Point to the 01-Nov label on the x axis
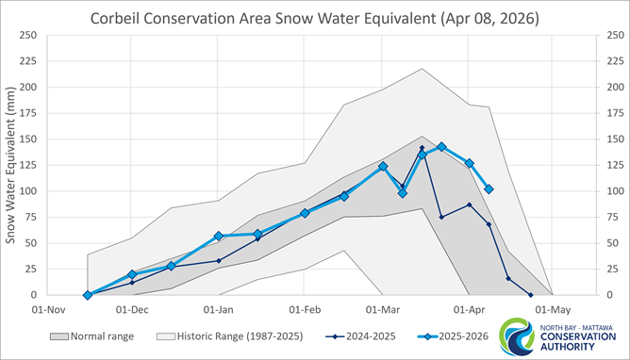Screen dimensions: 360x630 [x=47, y=308]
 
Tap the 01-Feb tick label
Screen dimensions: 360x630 [x=307, y=308]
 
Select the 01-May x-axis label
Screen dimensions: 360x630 [x=553, y=308]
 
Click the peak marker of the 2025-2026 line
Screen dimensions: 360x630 [x=441, y=147]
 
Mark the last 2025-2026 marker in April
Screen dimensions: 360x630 [x=489, y=189]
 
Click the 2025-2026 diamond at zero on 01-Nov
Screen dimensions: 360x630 [x=88, y=295]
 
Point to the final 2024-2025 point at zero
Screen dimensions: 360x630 [x=530, y=295]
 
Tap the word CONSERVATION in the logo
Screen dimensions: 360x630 [x=582, y=338]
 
